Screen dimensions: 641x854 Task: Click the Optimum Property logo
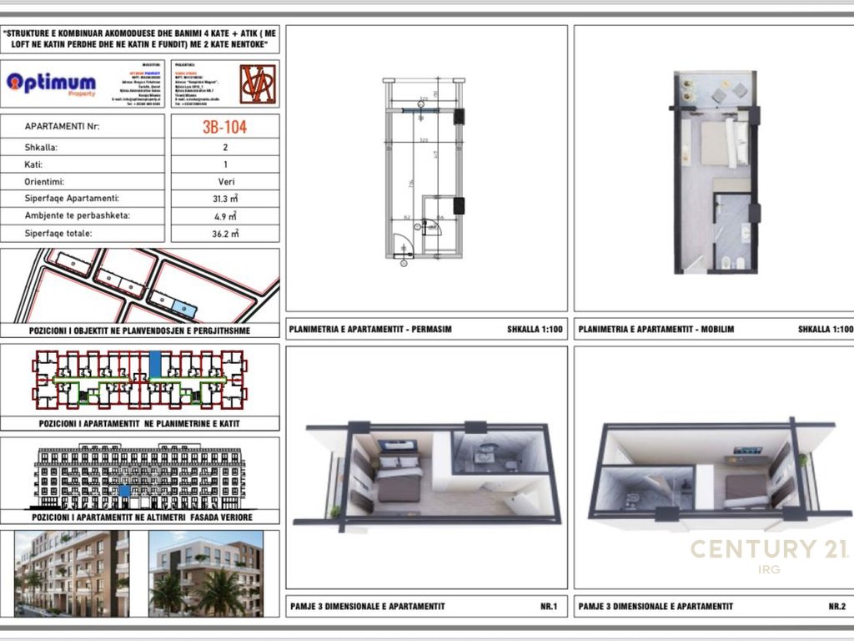tap(51, 83)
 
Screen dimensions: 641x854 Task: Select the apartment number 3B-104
tap(224, 128)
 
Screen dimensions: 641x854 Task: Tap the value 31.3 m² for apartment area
tap(224, 199)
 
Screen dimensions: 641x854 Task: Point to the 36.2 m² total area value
tap(224, 234)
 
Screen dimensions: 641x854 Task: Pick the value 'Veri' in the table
tap(224, 181)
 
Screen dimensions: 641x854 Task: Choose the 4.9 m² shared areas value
tap(224, 216)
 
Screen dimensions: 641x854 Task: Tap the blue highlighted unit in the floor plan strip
tap(155, 365)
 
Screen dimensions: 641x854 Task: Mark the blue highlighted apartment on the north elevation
tap(124, 492)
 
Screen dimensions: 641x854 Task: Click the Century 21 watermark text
tap(767, 549)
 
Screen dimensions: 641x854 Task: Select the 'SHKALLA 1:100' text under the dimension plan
tap(535, 330)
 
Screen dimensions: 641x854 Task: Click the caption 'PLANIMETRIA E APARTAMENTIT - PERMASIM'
tap(370, 330)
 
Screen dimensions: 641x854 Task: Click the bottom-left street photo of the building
tap(72, 573)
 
